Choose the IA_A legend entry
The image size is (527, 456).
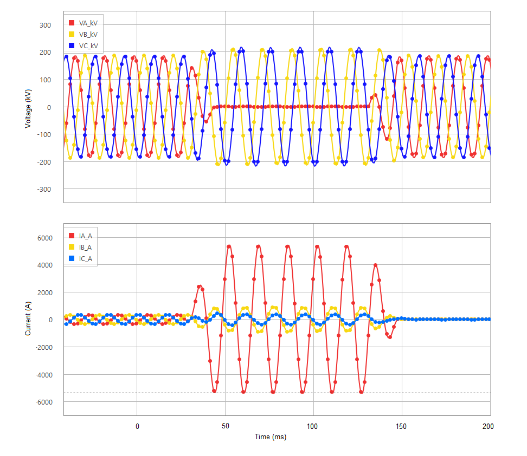point(85,236)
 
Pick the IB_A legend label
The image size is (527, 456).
point(85,247)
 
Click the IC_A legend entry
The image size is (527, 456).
point(85,259)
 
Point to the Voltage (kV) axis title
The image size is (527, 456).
point(27,107)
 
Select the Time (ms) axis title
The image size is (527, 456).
point(271,437)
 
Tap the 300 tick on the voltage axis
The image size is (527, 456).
point(45,25)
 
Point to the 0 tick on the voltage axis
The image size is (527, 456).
point(48,107)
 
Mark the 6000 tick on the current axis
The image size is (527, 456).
point(44,238)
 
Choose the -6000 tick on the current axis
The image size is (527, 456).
point(43,402)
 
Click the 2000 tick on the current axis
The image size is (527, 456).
point(44,292)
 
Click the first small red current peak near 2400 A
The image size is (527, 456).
point(199,286)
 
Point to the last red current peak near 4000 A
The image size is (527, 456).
point(375,265)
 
